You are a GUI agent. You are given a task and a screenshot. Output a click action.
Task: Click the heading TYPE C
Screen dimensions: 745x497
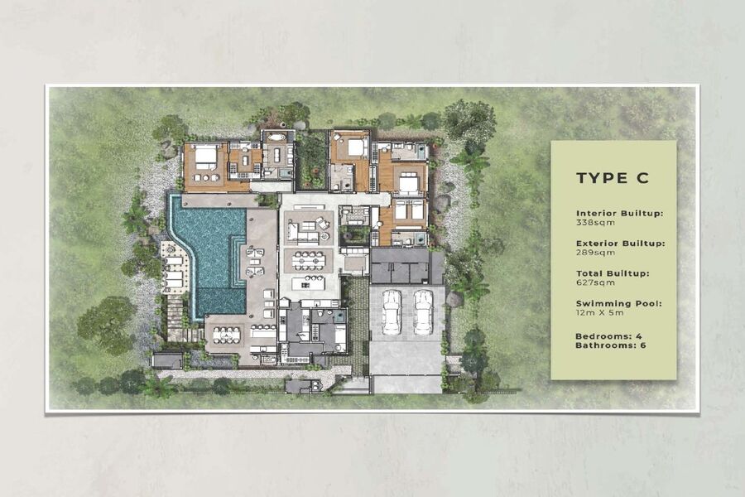[613, 178]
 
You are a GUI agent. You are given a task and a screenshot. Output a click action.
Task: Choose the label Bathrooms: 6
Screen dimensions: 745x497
[611, 345]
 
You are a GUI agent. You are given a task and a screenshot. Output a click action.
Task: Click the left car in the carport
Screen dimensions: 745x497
[391, 311]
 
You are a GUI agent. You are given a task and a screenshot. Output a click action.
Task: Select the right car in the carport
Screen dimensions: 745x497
[423, 311]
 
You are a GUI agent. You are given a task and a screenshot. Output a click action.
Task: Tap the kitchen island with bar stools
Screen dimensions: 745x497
[309, 282]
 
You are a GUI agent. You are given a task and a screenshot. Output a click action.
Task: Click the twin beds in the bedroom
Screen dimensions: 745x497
[409, 210]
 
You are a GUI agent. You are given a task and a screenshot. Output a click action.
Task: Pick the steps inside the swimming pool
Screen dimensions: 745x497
[238, 261]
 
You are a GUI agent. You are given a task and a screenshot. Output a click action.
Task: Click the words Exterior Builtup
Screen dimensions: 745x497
[619, 244]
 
